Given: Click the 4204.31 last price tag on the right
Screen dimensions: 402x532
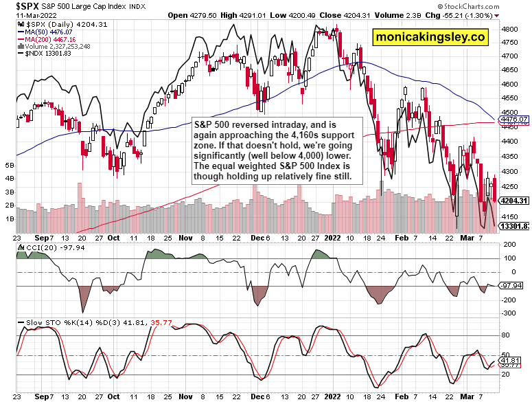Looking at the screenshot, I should click(x=515, y=201).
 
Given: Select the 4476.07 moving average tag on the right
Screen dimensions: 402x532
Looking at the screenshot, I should click(x=514, y=120).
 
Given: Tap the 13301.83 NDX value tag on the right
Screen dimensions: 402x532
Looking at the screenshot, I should click(x=515, y=225).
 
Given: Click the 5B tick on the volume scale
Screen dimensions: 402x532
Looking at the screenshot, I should click(x=9, y=166).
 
